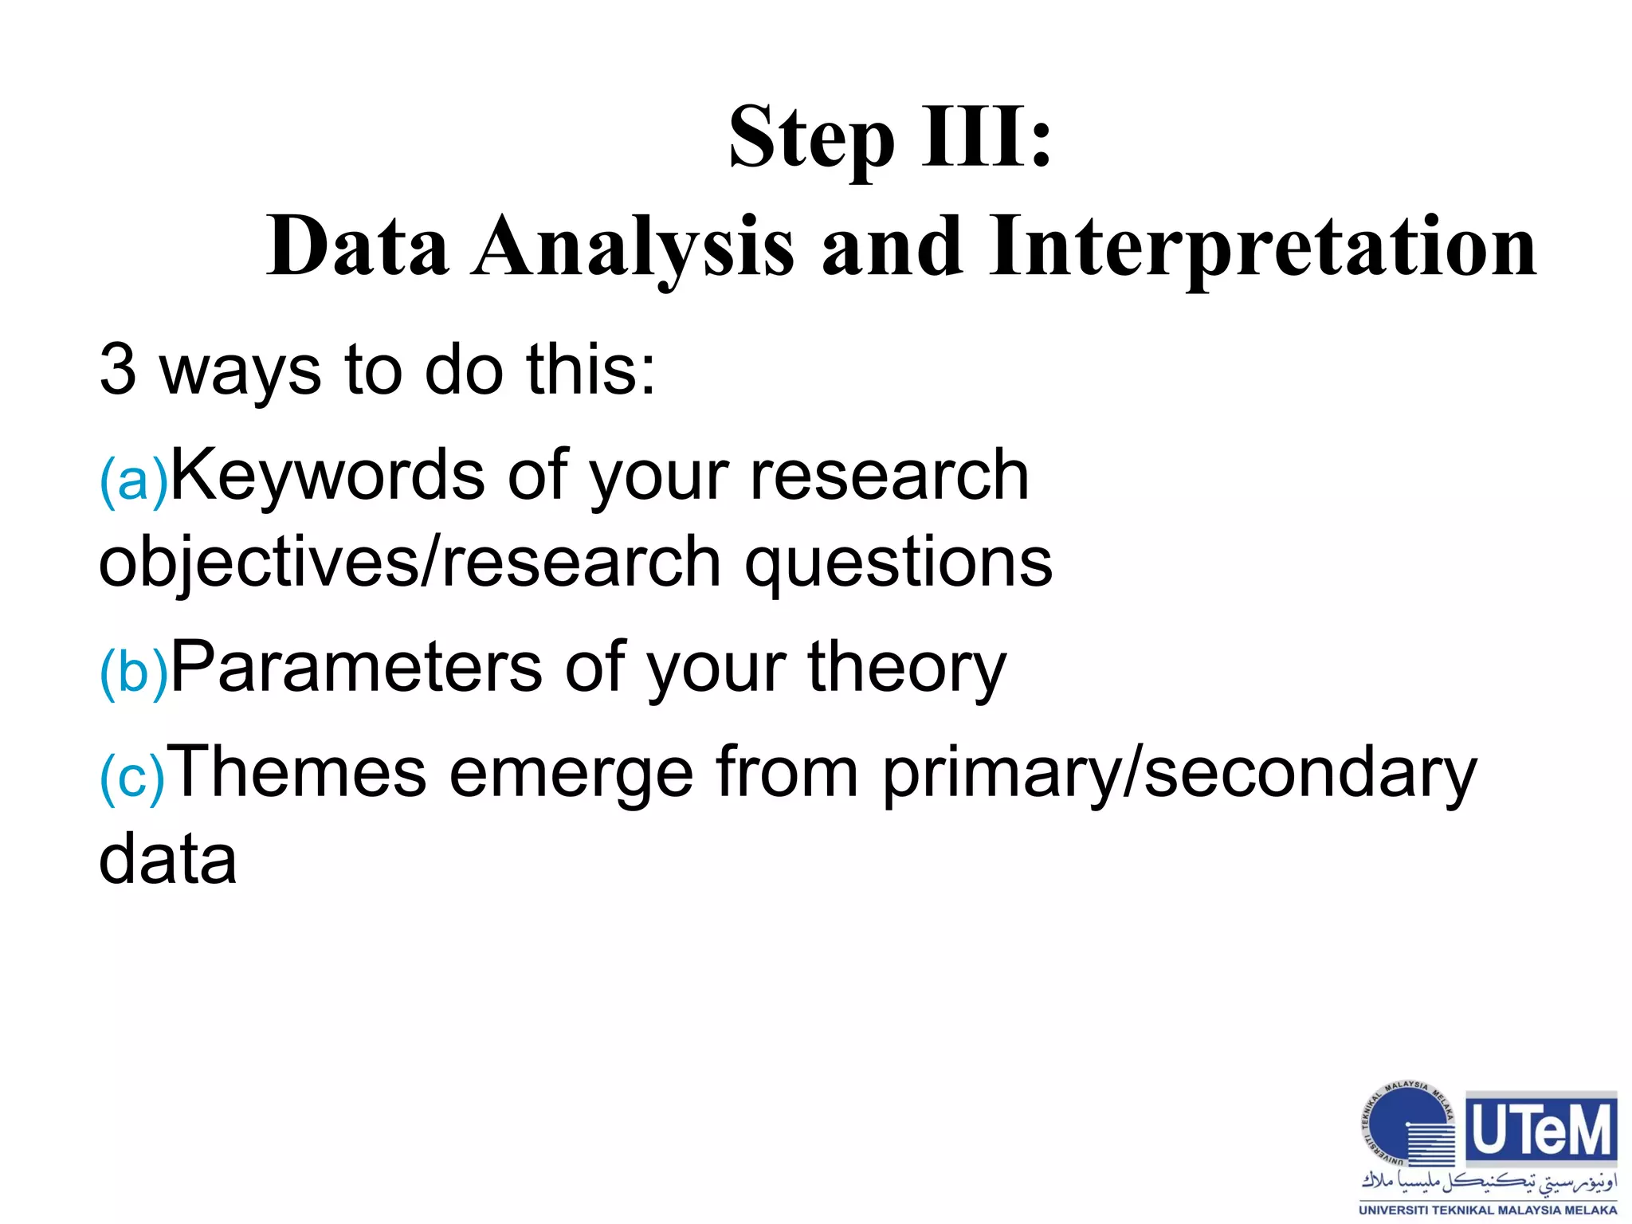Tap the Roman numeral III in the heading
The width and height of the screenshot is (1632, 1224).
click(x=974, y=137)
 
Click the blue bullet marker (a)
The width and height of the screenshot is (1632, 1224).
click(x=134, y=481)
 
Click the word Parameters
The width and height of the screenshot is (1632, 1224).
click(x=356, y=666)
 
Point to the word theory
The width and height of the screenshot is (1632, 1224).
click(x=908, y=668)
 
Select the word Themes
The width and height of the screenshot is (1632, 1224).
click(x=300, y=771)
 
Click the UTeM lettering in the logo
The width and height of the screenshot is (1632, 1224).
click(x=1541, y=1130)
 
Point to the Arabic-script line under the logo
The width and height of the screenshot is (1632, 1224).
click(x=1489, y=1183)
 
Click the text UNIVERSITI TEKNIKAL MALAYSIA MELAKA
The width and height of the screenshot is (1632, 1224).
click(x=1488, y=1210)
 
